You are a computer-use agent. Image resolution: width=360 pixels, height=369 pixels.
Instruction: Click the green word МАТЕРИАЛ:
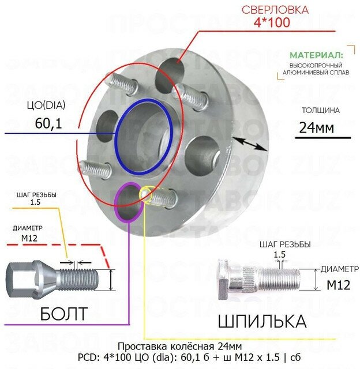pyautogui.click(x=316, y=55)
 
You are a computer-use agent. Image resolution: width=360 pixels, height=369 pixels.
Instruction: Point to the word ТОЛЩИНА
pyautogui.click(x=321, y=110)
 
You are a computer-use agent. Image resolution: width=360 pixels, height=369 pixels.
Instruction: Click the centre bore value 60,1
pyautogui.click(x=47, y=122)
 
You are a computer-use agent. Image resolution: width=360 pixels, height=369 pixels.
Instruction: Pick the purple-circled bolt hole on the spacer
pyautogui.click(x=127, y=202)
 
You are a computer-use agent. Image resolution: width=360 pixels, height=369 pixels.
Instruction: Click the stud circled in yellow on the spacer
pyautogui.click(x=152, y=196)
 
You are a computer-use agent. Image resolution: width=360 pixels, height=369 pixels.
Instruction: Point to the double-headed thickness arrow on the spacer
pyautogui.click(x=250, y=142)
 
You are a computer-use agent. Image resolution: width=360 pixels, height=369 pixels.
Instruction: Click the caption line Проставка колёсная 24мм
pyautogui.click(x=179, y=346)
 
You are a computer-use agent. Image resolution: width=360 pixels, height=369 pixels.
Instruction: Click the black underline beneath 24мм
pyautogui.click(x=324, y=138)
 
